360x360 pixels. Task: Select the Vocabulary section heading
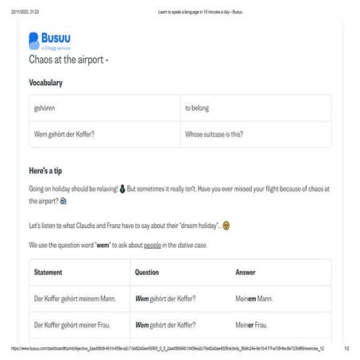coord(46,83)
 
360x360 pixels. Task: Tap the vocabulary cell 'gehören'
coord(45,107)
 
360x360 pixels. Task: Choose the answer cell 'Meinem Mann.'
coord(254,299)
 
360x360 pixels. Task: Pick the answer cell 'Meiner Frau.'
coord(253,325)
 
